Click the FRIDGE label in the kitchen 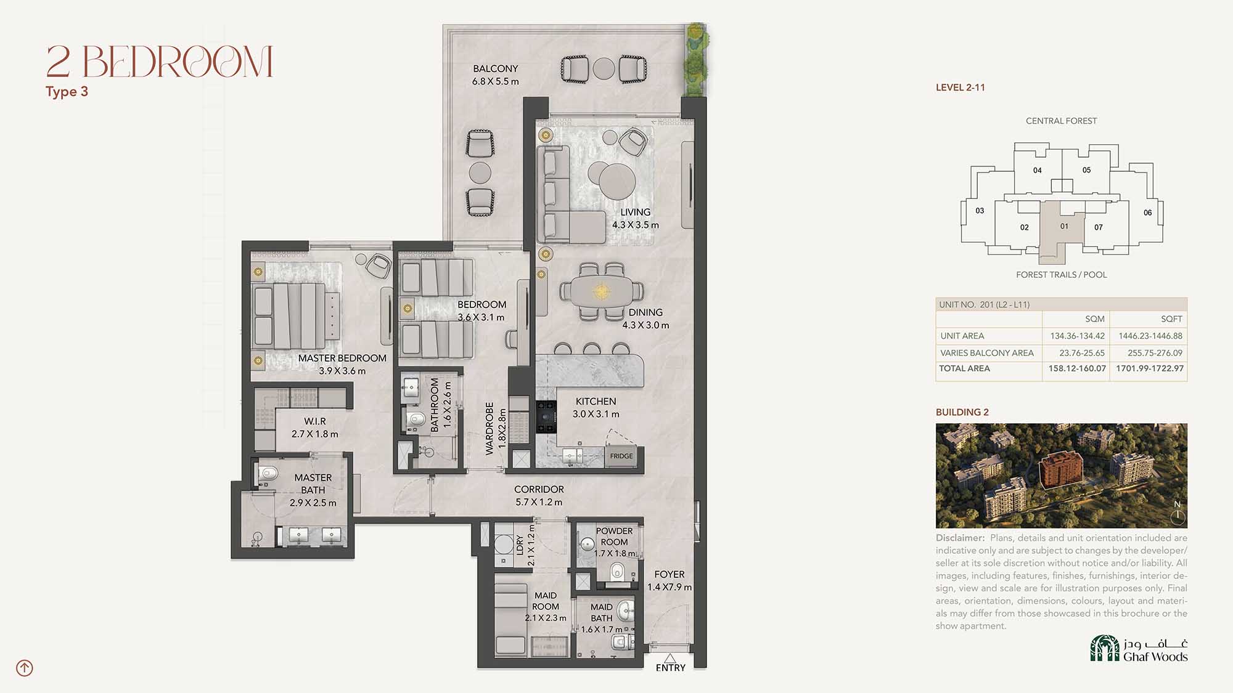pos(621,456)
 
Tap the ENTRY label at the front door pos(671,668)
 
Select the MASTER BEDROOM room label pos(342,358)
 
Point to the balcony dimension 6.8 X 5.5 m pos(496,81)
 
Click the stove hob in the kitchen pos(546,417)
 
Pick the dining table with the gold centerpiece pos(601,291)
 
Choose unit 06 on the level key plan pos(1147,213)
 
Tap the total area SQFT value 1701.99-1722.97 pos(1150,368)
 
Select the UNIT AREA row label pos(962,336)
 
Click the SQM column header pos(1095,318)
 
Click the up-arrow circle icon pos(25,668)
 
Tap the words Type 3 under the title pos(67,92)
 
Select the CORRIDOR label pos(539,489)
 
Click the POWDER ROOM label pos(614,536)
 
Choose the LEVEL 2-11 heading pos(960,87)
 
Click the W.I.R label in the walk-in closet pos(314,421)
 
